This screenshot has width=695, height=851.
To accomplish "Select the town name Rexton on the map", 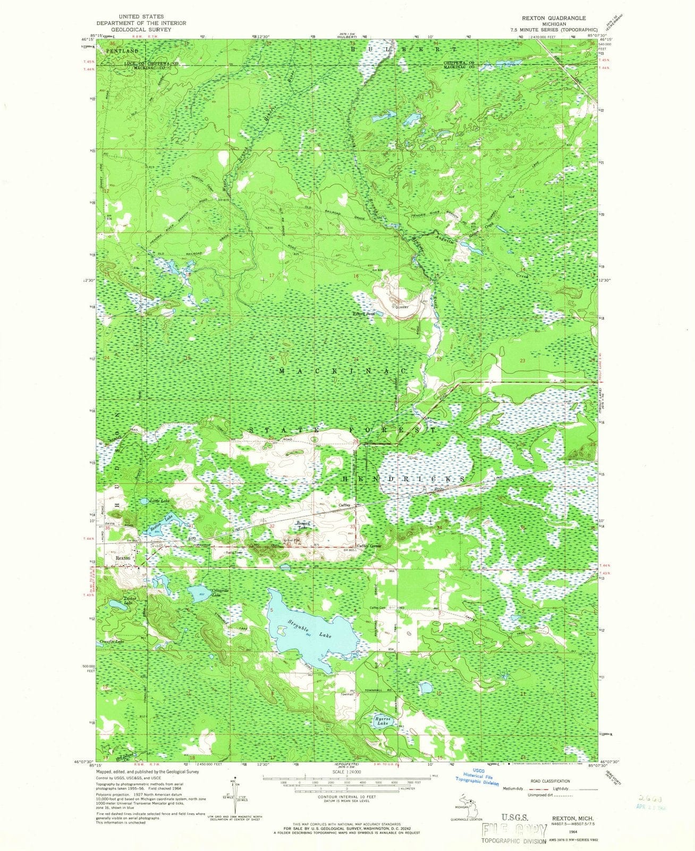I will coord(123,558).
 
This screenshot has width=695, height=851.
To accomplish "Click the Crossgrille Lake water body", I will coord(199,596).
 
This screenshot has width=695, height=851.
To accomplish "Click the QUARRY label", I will coord(399,307).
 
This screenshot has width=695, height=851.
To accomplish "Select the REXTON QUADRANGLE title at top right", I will coord(549,18).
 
